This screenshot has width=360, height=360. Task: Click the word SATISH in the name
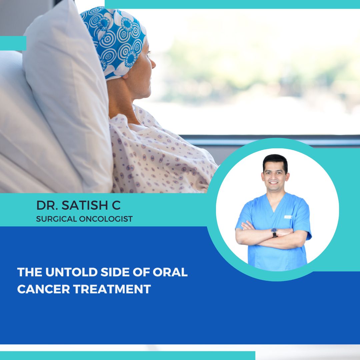pyautogui.click(x=81, y=206)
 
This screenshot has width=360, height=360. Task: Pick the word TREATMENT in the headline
pyautogui.click(x=112, y=289)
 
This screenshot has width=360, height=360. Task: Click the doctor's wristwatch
pyautogui.click(x=274, y=232)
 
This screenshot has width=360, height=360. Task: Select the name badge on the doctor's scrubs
pyautogui.click(x=288, y=217)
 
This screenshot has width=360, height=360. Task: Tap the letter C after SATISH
pyautogui.click(x=116, y=206)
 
